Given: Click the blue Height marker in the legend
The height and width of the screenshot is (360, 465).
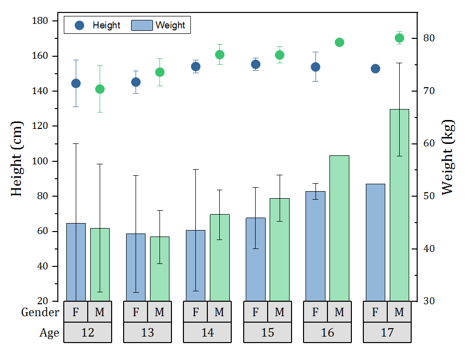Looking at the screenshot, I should tap(79, 25).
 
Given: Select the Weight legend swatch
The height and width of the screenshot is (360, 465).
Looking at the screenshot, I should tap(142, 25).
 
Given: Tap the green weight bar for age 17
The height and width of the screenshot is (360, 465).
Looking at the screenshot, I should tap(399, 205).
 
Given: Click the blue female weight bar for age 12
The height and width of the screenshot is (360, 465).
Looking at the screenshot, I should tap(76, 262).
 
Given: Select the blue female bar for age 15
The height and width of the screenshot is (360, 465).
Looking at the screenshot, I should tap(256, 259).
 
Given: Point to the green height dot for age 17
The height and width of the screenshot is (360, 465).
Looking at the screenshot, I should tap(399, 38).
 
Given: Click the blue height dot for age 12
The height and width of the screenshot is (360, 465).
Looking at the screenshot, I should tap(76, 83).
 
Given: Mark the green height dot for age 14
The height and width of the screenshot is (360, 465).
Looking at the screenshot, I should tap(220, 55).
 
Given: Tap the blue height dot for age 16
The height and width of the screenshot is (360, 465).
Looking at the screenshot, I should tap(315, 67).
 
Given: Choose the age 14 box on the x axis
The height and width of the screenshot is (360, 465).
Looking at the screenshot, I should tap(207, 333).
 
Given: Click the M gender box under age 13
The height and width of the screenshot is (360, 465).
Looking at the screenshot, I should tap(159, 312).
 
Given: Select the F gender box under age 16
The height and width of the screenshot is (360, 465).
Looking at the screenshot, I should tap(315, 312).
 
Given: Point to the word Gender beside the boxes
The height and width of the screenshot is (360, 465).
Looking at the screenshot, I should tap(40, 312).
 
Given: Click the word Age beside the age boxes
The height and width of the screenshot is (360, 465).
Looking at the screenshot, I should tap(49, 333).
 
